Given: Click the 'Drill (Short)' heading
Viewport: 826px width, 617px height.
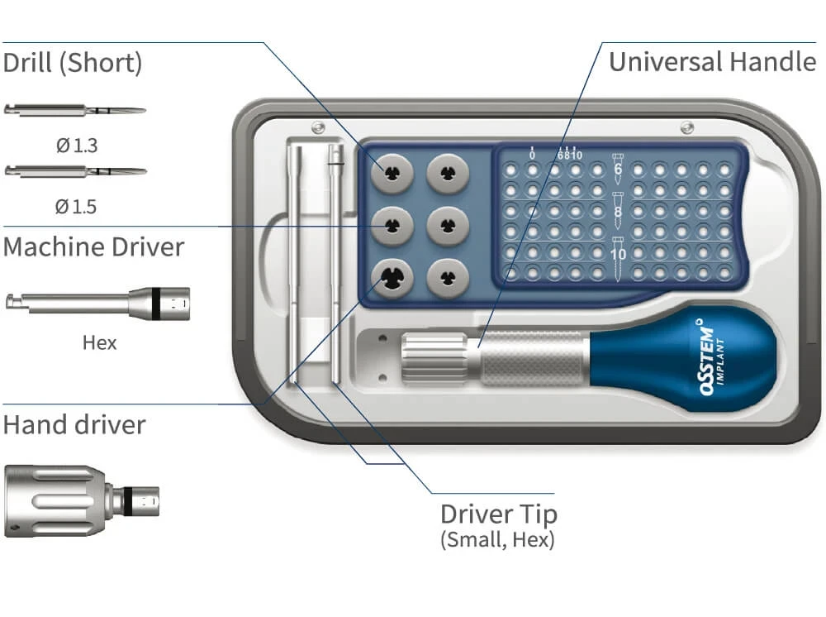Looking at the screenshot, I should click(73, 63).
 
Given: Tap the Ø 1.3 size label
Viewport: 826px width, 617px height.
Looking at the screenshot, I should click(76, 146).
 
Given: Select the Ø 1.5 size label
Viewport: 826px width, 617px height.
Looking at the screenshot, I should click(76, 206).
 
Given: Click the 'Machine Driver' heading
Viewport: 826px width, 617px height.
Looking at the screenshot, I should click(93, 246).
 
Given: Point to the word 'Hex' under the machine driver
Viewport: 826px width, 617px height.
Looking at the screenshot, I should click(99, 342).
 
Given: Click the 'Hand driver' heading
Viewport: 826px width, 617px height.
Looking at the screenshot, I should click(74, 424).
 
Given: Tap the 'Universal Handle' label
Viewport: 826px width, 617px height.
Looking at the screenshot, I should click(712, 62).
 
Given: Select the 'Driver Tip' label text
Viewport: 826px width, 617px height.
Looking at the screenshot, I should click(499, 514).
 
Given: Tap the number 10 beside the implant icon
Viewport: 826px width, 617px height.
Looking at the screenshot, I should click(619, 255).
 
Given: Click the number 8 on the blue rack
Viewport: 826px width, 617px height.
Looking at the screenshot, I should click(618, 212).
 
